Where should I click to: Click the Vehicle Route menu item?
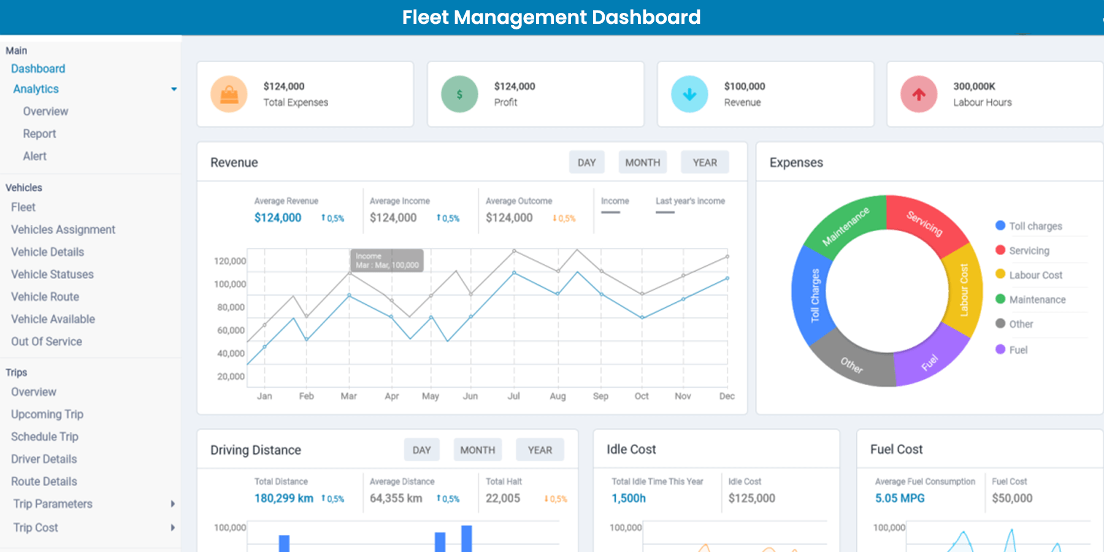coord(45,297)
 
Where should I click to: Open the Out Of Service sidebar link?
coord(47,342)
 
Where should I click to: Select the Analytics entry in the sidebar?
coord(36,89)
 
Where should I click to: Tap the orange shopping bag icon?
coord(229,94)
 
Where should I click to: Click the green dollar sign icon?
coord(459,94)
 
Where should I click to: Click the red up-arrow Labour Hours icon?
coord(918,94)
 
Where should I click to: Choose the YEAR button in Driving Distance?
coord(540,450)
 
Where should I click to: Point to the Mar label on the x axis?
coord(348,396)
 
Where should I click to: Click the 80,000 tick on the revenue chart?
coord(231,307)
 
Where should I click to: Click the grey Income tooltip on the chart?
coord(387,261)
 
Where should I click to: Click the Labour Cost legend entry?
coord(1035,275)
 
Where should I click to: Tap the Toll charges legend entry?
coord(1035,226)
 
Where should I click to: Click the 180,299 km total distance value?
coord(284,498)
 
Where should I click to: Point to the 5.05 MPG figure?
coord(900,498)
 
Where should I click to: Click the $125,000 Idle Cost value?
coord(751,498)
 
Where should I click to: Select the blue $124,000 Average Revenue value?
coord(278,218)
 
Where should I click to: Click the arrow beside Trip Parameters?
coord(172,504)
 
